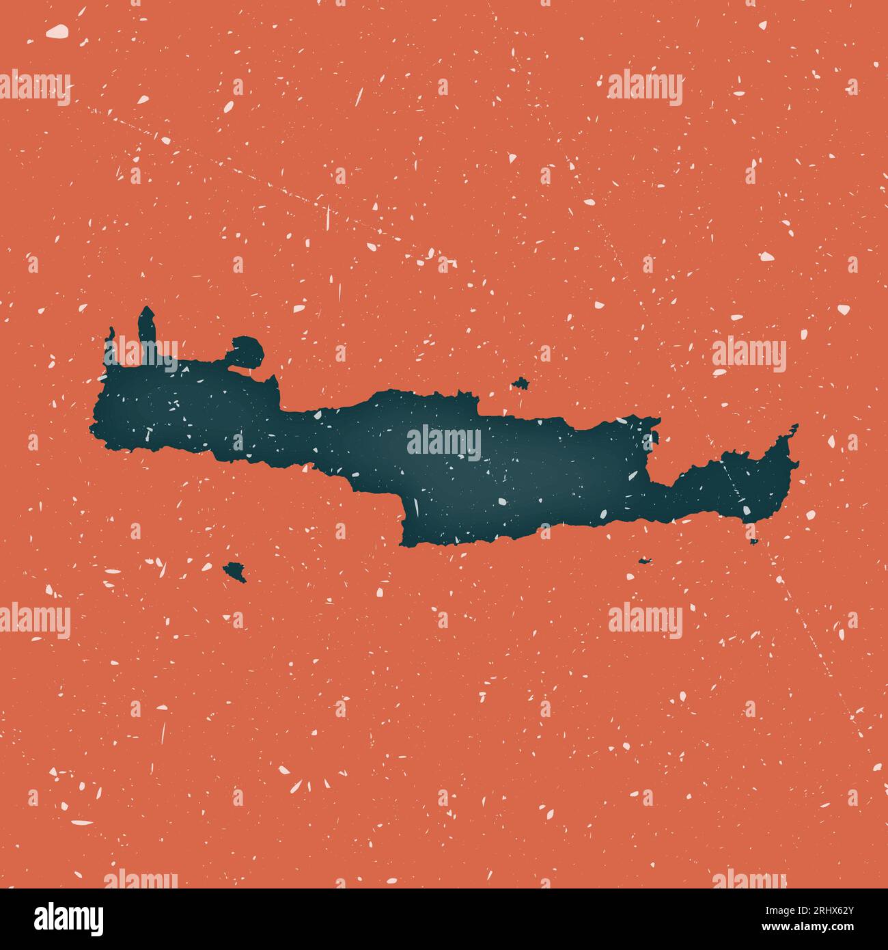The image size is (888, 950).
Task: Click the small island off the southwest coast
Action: click(235, 570)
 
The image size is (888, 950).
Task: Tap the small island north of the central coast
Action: click(521, 383)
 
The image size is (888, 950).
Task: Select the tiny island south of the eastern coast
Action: click(645, 561)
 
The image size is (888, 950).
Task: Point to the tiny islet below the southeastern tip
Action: click(753, 542)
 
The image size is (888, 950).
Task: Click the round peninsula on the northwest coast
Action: click(247, 351)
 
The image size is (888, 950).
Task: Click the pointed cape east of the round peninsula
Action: click(273, 383)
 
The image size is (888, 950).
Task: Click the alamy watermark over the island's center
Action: click(444, 442)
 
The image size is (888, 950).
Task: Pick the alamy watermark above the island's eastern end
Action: click(749, 355)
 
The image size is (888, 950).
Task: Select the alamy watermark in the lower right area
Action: click(645, 621)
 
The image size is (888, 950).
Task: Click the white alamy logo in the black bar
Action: click(70, 919)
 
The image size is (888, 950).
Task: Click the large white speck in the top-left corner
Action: click(57, 31)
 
